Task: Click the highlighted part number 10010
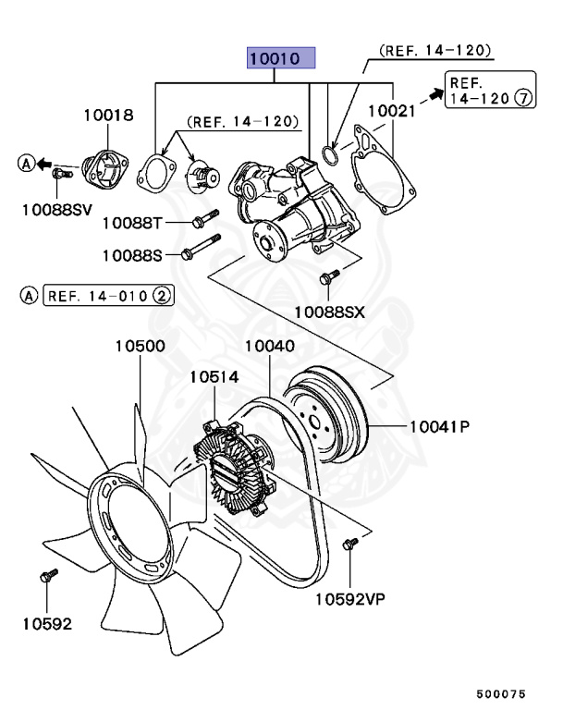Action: click(x=281, y=58)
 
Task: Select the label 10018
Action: click(x=108, y=116)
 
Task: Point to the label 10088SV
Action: click(x=57, y=210)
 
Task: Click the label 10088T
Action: click(x=131, y=222)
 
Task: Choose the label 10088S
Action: click(x=131, y=254)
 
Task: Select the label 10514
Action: click(x=214, y=377)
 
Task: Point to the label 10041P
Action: click(x=440, y=426)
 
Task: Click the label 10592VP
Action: click(x=349, y=599)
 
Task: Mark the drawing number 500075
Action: click(x=500, y=692)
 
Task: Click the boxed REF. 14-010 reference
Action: click(x=109, y=296)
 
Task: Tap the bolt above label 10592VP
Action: click(x=349, y=545)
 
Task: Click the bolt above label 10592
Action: click(x=48, y=577)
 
